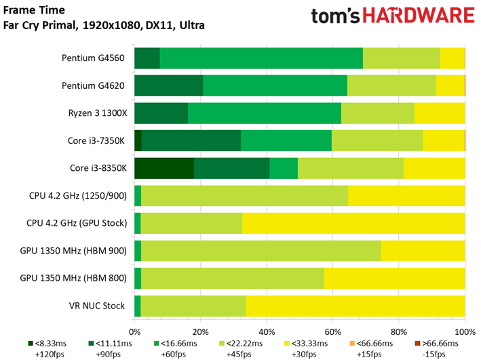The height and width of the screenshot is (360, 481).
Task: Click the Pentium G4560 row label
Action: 93,58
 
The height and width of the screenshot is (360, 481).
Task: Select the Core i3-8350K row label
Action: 98,168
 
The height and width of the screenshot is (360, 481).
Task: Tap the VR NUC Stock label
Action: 96,306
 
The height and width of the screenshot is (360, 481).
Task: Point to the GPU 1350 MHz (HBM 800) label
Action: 73,278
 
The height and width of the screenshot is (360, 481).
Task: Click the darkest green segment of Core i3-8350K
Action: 164,168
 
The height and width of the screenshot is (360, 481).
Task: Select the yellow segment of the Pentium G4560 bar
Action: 453,58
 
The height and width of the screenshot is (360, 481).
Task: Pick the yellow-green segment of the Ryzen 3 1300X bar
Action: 378,113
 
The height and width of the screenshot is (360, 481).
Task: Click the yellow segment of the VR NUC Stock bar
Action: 355,306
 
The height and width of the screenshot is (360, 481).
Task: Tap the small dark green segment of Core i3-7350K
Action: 138,141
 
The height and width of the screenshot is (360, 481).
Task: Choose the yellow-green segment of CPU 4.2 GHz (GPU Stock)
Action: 191,223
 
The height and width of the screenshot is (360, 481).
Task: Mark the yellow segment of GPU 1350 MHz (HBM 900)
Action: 423,251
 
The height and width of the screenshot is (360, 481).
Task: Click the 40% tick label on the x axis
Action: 267,332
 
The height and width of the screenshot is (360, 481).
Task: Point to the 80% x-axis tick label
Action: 399,332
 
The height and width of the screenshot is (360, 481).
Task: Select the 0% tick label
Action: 135,332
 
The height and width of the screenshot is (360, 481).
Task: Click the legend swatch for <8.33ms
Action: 31,344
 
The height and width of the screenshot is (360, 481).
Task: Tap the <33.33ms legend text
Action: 309,344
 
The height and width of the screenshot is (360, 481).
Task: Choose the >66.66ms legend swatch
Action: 417,344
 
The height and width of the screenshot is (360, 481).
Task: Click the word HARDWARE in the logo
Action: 419,16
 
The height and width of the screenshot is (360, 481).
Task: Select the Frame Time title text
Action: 34,10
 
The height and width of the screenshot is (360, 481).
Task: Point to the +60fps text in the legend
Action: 173,355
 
